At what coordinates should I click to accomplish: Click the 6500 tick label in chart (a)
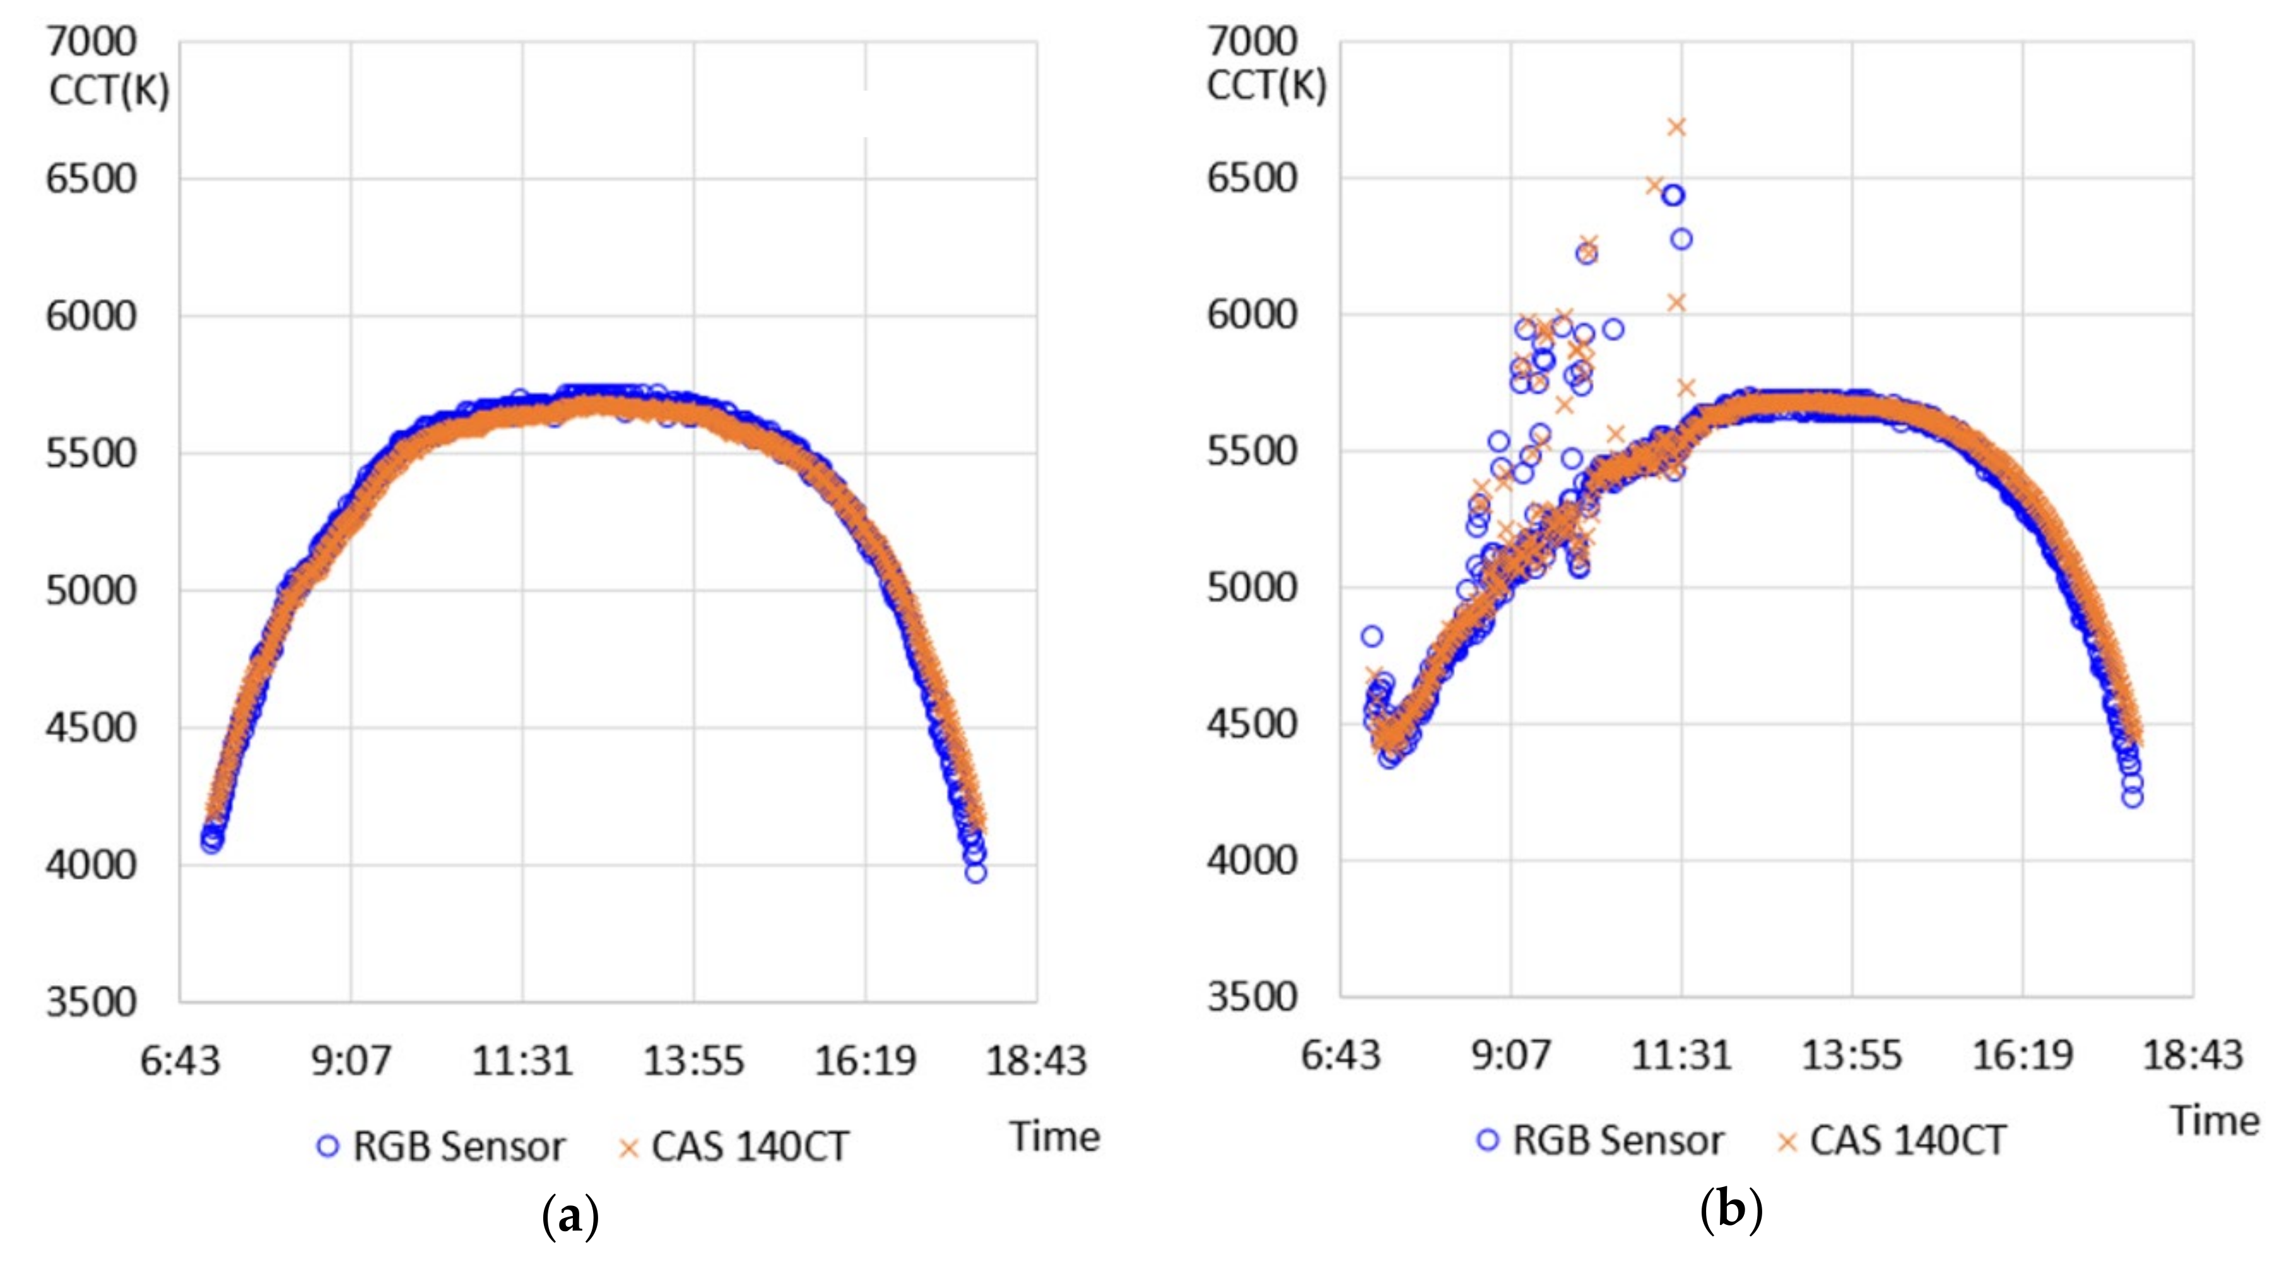[x=91, y=179]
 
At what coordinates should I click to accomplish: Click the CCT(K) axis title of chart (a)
[x=109, y=90]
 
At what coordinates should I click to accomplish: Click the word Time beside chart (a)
[x=1054, y=1137]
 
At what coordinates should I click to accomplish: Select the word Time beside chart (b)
[x=2215, y=1121]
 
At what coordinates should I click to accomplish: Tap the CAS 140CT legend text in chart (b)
[x=1907, y=1140]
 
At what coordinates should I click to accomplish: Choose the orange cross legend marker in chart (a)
[x=628, y=1148]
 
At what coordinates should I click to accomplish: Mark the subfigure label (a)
[x=570, y=1215]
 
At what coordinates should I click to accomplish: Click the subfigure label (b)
[x=1731, y=1210]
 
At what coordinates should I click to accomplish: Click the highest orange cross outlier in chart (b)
[x=1676, y=127]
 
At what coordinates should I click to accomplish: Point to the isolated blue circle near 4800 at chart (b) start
[x=1372, y=635]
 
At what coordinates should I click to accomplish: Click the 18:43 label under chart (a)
[x=1036, y=1061]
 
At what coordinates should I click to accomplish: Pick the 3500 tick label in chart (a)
[x=91, y=1002]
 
